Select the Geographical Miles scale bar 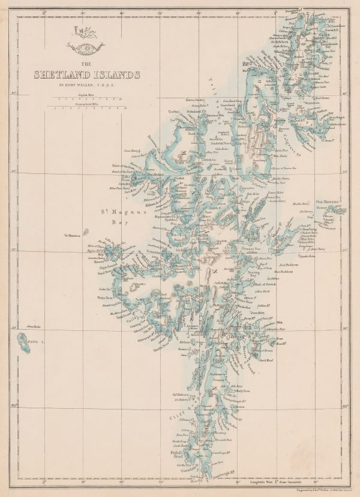88,109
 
